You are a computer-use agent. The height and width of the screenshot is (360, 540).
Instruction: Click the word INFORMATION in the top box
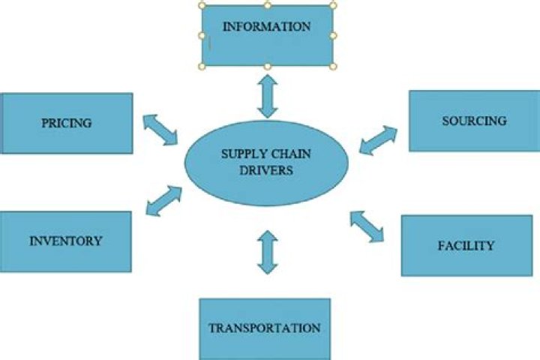click(266, 27)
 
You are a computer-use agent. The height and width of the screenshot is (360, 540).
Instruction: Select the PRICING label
click(67, 123)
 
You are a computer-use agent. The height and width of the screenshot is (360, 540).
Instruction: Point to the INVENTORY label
click(65, 241)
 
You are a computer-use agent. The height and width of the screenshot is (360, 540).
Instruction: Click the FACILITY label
click(466, 245)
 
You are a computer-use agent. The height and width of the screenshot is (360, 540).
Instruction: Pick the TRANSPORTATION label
click(264, 328)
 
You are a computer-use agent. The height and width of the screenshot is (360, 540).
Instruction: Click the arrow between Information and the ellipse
click(267, 96)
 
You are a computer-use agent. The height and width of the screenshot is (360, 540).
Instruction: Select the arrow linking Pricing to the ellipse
click(160, 128)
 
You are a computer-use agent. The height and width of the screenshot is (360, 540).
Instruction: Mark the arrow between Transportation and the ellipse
click(267, 252)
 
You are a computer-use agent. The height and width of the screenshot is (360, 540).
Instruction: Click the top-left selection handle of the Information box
click(202, 4)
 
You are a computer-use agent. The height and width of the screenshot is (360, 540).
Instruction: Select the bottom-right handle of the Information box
click(333, 67)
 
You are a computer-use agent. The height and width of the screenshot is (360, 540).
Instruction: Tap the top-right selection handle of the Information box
click(333, 4)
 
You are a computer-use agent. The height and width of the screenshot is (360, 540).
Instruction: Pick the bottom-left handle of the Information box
click(202, 67)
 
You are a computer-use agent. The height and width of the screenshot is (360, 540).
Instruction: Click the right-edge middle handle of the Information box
click(333, 35)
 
